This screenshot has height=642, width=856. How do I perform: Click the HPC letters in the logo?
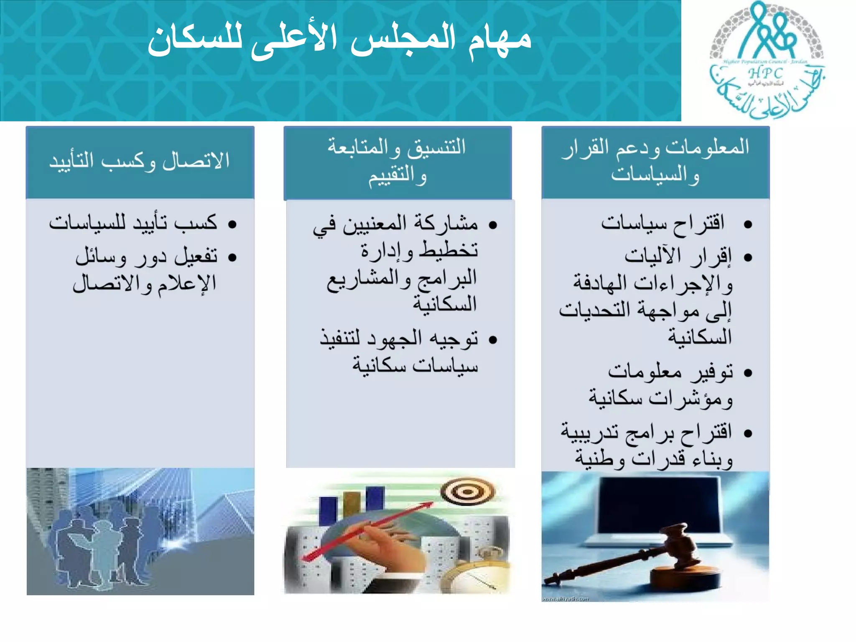pos(766,73)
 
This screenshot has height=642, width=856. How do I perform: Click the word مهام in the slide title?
pos(499,40)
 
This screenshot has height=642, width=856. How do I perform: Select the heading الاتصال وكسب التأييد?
pos(140,161)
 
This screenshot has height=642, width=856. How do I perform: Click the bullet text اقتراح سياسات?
pos(662,223)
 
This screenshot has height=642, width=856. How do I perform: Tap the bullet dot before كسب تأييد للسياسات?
pos(232,224)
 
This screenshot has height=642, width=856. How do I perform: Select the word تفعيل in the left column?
pos(196,256)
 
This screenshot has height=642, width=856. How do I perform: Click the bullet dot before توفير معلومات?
pos(748,372)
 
